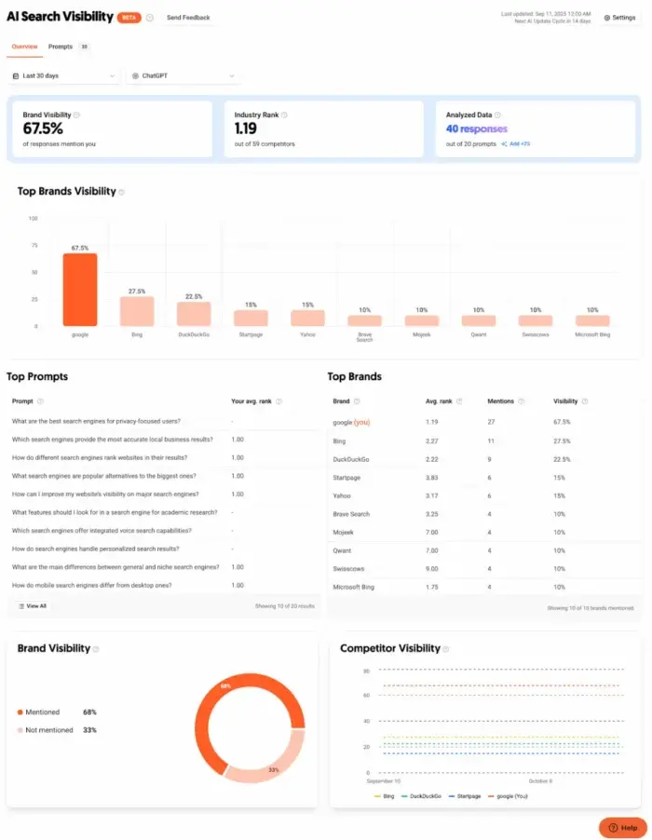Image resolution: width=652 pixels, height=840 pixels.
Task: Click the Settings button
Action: [619, 18]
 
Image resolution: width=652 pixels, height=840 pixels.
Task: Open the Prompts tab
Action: [61, 47]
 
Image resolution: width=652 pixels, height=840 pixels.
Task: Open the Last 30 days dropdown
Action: [64, 75]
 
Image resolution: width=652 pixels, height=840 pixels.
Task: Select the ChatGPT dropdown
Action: [183, 75]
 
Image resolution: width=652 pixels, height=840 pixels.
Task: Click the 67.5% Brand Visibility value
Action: [43, 129]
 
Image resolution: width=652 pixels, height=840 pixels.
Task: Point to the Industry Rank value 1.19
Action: [246, 129]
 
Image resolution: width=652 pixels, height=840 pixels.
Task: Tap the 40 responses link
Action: [477, 129]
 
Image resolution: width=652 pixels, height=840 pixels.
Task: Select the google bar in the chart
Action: [79, 290]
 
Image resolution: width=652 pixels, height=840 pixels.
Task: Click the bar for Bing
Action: [136, 310]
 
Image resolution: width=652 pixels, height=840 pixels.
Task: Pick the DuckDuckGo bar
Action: [194, 313]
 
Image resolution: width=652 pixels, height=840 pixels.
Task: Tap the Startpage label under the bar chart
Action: [251, 333]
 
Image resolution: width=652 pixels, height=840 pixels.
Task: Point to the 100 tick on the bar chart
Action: [33, 219]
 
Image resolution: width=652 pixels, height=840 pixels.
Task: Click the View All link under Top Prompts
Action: [33, 605]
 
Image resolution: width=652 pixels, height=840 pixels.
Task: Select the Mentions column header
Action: [501, 401]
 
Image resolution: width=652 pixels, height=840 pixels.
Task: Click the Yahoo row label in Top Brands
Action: [342, 495]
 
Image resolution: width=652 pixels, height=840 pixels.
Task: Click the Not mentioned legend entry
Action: [48, 730]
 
